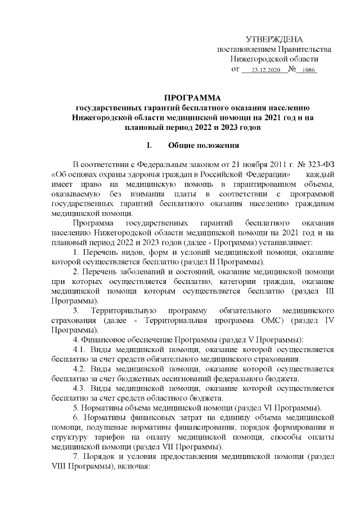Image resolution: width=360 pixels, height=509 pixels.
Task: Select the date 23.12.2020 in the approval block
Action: pos(262,70)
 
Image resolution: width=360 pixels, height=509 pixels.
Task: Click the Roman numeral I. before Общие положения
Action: pos(150,147)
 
